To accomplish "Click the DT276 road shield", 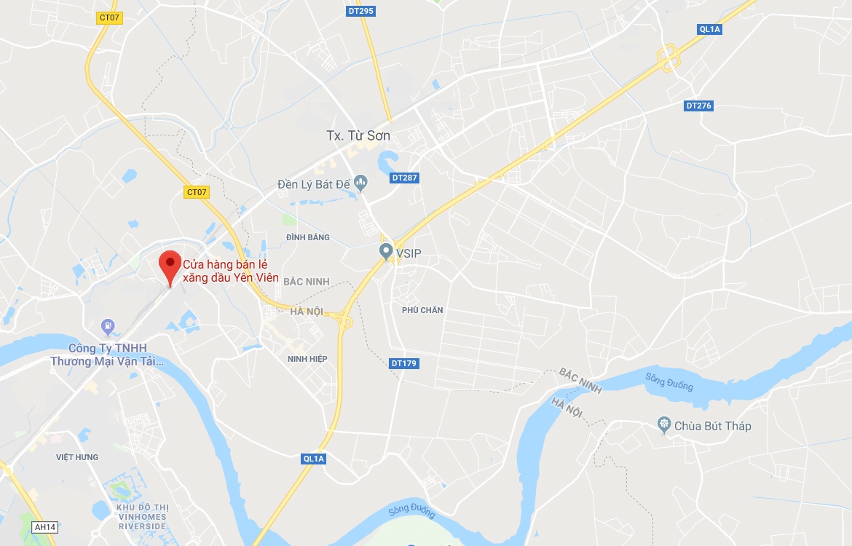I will click(x=698, y=106).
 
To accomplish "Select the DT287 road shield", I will click(x=405, y=177).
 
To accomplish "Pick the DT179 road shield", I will click(x=404, y=363).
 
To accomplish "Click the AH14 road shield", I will click(x=44, y=526).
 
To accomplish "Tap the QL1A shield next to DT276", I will click(x=709, y=29).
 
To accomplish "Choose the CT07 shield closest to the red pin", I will click(x=197, y=192).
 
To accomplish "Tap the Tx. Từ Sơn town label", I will click(x=358, y=135).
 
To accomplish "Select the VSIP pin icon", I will click(x=387, y=252).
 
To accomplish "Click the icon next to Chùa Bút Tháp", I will click(x=663, y=424).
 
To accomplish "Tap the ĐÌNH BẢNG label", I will click(x=307, y=237).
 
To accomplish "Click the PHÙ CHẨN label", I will click(x=422, y=310).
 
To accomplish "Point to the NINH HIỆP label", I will click(x=307, y=359).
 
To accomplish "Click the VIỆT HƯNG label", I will click(x=77, y=457).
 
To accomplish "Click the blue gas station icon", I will click(x=109, y=325).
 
